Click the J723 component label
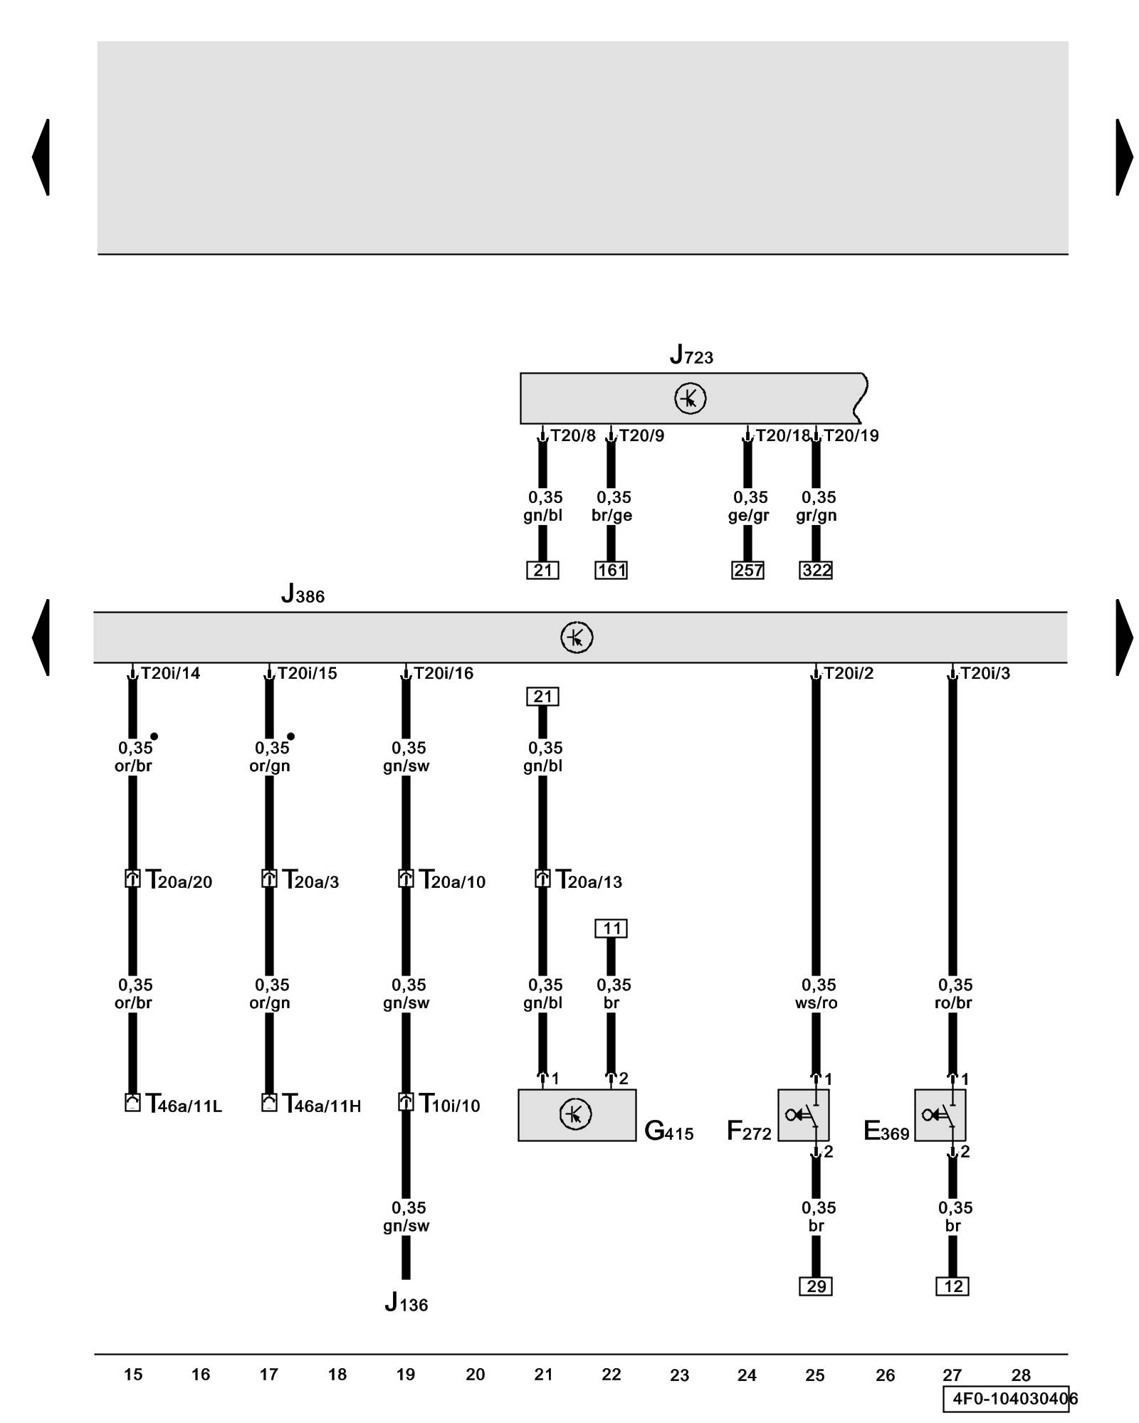(x=691, y=354)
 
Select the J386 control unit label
(x=303, y=593)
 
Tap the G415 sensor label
(x=668, y=1131)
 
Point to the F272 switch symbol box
(x=803, y=1115)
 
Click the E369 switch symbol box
(x=940, y=1115)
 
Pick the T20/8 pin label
(x=572, y=435)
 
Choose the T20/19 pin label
(x=851, y=435)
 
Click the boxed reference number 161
(x=611, y=570)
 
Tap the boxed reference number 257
(x=747, y=570)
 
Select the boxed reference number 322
(x=816, y=570)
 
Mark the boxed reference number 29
(x=816, y=1286)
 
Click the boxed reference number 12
(x=952, y=1286)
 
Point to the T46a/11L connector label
(x=184, y=1104)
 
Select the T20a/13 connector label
(x=589, y=881)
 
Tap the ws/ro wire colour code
(x=816, y=1003)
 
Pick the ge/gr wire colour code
(x=748, y=516)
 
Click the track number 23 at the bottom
(x=679, y=1375)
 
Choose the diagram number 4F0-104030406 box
(x=1009, y=1399)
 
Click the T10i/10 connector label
(x=449, y=1104)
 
